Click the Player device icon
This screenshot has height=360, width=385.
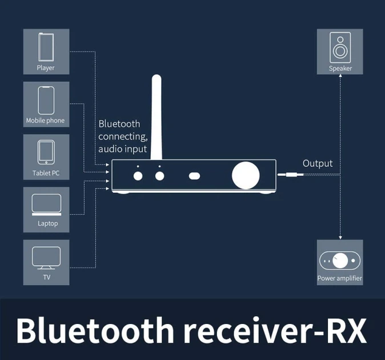click(x=46, y=47)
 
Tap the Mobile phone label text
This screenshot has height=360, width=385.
click(x=46, y=121)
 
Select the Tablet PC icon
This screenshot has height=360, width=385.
click(x=46, y=152)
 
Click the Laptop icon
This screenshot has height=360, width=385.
click(x=46, y=205)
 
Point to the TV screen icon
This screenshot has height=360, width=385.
click(x=46, y=258)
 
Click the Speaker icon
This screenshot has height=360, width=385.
click(x=340, y=47)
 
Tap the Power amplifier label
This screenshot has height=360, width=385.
click(x=339, y=278)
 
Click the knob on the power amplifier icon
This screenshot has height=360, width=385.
click(x=340, y=261)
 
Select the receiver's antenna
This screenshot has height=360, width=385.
click(x=157, y=117)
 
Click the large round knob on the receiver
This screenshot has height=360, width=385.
click(x=246, y=175)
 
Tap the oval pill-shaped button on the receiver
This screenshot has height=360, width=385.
click(x=194, y=176)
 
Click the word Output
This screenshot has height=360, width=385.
click(x=318, y=163)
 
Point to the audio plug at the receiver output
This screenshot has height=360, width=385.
click(x=291, y=175)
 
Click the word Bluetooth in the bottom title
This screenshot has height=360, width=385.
click(x=95, y=330)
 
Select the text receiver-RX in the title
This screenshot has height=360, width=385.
click(x=275, y=330)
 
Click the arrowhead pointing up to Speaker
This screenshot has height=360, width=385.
click(x=340, y=75)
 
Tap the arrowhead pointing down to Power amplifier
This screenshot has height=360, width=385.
click(x=340, y=238)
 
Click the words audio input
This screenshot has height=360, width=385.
click(x=122, y=149)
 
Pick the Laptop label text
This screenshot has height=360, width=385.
click(x=47, y=223)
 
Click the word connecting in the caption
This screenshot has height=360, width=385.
click(x=123, y=137)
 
